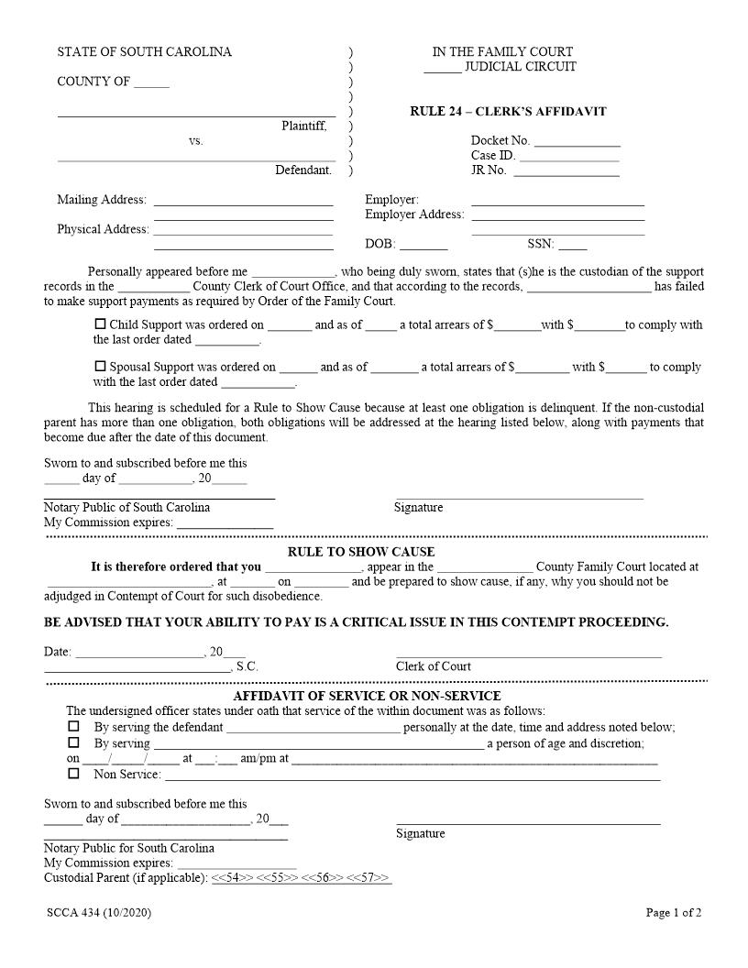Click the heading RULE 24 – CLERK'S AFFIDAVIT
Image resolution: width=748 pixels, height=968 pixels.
click(x=508, y=112)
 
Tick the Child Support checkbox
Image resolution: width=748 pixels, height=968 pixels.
click(x=101, y=324)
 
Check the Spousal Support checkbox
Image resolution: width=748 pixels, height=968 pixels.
click(x=101, y=366)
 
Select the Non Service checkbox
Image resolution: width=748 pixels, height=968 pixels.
click(x=73, y=774)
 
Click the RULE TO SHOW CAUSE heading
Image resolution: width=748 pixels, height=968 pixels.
click(x=361, y=552)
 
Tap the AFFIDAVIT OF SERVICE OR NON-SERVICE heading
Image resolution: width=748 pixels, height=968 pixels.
click(x=367, y=696)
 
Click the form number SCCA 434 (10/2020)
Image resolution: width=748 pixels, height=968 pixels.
click(x=99, y=913)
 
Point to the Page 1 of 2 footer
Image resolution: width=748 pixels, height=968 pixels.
click(x=674, y=913)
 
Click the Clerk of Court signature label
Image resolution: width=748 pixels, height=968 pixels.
click(x=434, y=666)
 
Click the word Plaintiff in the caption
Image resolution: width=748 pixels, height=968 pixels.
click(x=303, y=126)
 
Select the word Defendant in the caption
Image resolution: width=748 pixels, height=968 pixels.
click(x=303, y=170)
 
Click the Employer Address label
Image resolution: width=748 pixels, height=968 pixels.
click(x=414, y=214)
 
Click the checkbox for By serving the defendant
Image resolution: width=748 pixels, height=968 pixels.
click(x=73, y=726)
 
